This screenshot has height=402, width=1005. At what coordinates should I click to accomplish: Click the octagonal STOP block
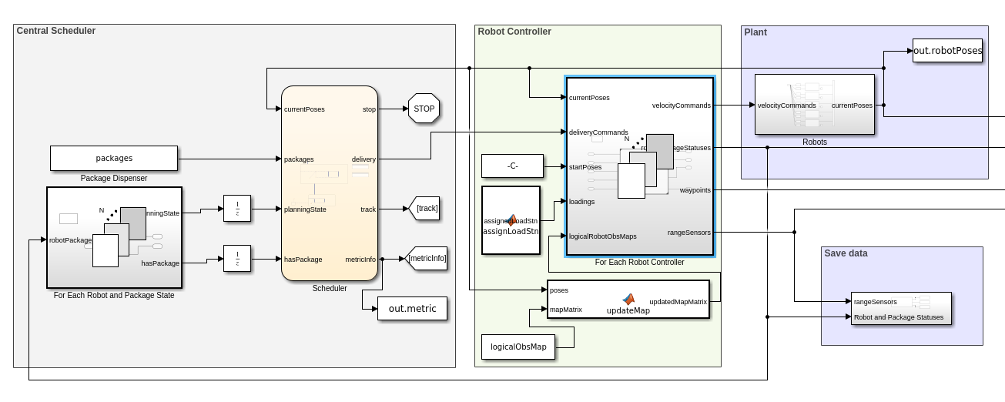click(x=424, y=109)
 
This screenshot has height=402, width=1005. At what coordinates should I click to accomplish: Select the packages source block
click(x=114, y=158)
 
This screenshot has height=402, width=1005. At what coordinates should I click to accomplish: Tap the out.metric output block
click(x=412, y=309)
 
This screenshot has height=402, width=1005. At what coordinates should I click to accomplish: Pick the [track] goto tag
click(x=427, y=209)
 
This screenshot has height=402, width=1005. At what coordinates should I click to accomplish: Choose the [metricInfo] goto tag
click(x=427, y=259)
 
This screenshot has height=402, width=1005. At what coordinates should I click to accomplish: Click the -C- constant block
click(x=511, y=166)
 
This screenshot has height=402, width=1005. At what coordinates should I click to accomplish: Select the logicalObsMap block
click(x=518, y=347)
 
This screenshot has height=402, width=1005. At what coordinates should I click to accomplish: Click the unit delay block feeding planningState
click(x=237, y=209)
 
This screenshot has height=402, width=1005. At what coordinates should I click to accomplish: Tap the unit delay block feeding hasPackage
click(x=237, y=259)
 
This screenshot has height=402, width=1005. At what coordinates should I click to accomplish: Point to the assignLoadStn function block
click(x=511, y=220)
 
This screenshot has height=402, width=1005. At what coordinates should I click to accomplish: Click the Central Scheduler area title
click(x=56, y=31)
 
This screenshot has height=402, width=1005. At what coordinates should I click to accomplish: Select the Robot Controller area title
click(x=514, y=32)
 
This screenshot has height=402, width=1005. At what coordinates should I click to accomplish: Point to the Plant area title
click(x=755, y=32)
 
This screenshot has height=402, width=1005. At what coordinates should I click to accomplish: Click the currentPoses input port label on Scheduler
click(x=304, y=109)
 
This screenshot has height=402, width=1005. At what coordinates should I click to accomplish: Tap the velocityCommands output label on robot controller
click(x=681, y=106)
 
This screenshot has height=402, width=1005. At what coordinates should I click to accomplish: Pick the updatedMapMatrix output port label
click(x=678, y=302)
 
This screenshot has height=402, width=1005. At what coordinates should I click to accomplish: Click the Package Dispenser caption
click(x=114, y=178)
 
